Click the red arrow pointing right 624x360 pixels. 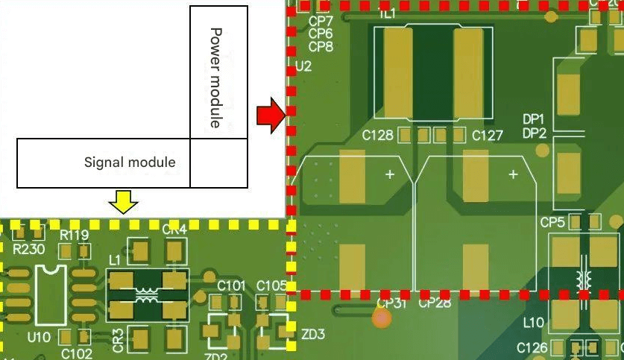click(x=270, y=116)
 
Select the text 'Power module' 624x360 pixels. click(x=216, y=78)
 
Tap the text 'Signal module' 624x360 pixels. click(x=130, y=162)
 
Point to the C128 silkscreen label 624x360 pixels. click(x=377, y=136)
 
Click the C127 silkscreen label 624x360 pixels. click(x=488, y=136)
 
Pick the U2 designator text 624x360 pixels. click(x=303, y=67)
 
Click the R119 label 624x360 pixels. click(x=75, y=236)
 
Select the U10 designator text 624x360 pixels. click(x=39, y=337)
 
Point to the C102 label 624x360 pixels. click(x=77, y=353)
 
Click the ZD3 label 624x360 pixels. click(x=313, y=335)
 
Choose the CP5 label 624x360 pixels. click(x=552, y=222)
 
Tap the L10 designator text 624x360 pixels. click(x=534, y=323)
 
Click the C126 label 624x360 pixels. click(x=532, y=347)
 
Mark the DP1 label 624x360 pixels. click(x=534, y=119)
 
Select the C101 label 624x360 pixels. click(x=231, y=285)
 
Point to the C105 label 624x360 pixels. click(x=271, y=285)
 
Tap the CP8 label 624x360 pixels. click(x=321, y=46)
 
